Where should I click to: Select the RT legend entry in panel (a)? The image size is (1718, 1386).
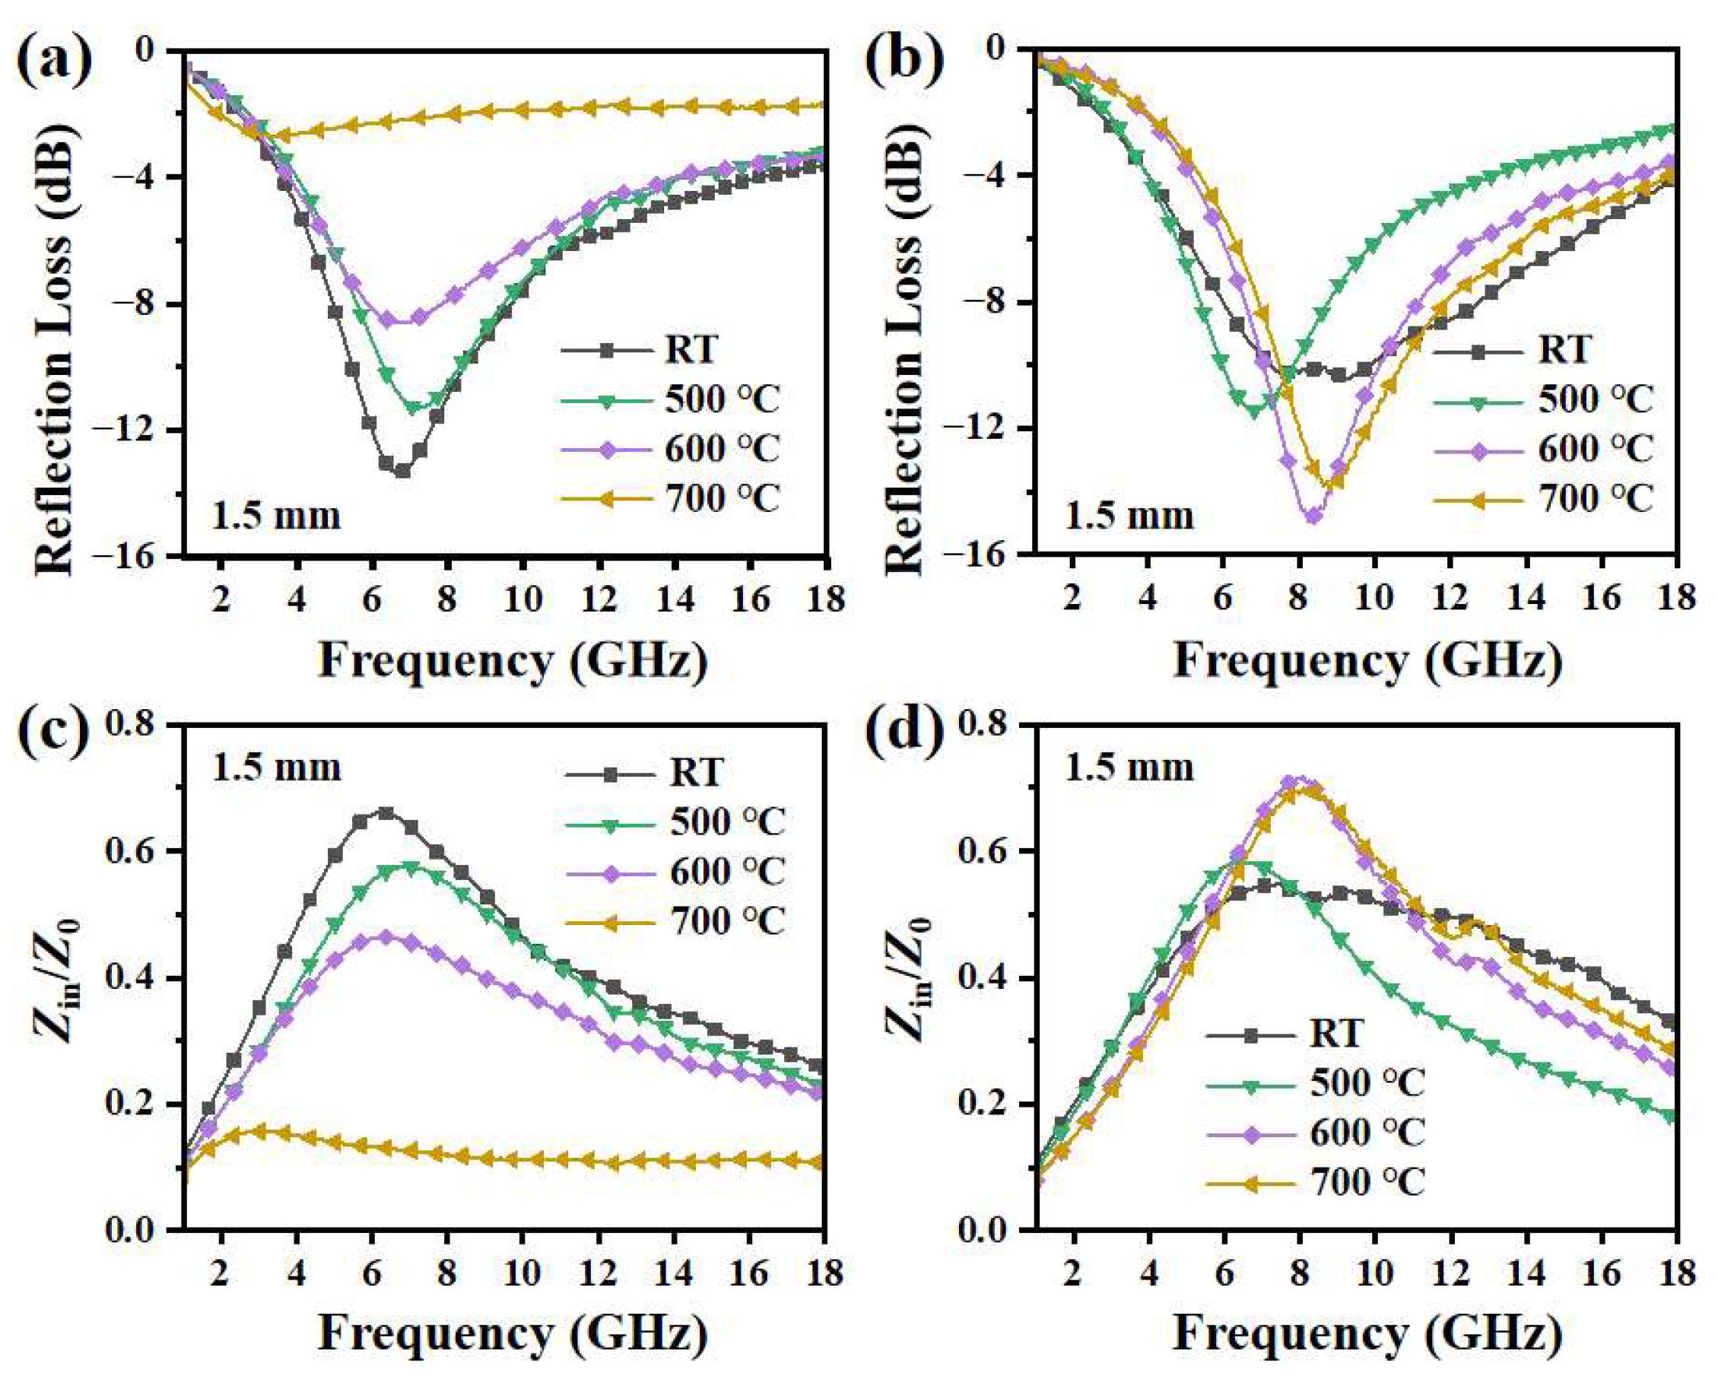click(691, 350)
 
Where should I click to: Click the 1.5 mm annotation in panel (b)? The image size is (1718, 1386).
click(1129, 517)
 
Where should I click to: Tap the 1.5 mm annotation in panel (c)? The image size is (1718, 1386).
click(276, 768)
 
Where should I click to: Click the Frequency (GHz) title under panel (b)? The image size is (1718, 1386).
click(1367, 661)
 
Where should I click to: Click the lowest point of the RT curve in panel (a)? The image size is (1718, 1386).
click(402, 472)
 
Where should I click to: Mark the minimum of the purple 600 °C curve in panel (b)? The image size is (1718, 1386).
click(1313, 517)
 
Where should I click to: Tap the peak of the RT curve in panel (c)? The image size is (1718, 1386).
click(386, 812)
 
